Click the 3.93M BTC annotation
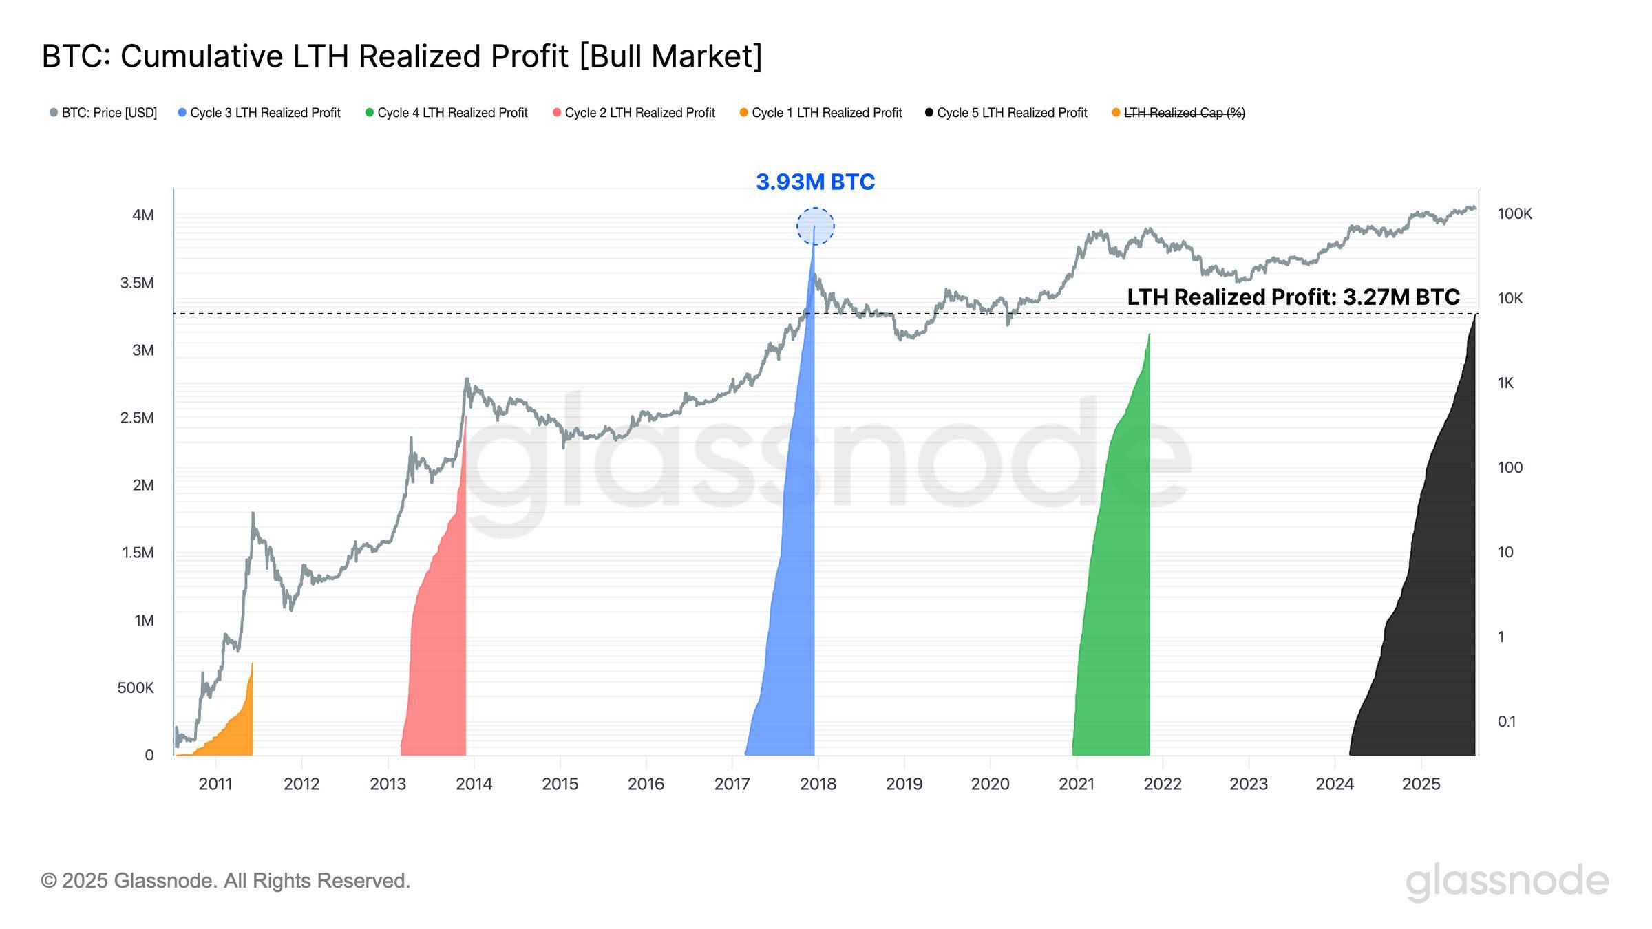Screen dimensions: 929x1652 (x=815, y=182)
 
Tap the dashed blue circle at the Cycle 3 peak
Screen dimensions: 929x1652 (x=815, y=226)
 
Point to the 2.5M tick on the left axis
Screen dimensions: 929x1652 (x=137, y=418)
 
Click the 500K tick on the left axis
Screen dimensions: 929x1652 (x=136, y=687)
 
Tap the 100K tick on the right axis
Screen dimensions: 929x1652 (x=1514, y=214)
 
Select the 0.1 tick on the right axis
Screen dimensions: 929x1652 (x=1507, y=721)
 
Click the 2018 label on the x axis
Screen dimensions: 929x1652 (x=818, y=784)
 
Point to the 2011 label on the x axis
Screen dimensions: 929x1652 (x=215, y=784)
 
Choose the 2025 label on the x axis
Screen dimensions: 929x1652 (x=1421, y=784)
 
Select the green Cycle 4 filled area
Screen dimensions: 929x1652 (x=1115, y=619)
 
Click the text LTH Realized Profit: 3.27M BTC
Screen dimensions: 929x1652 (x=1293, y=297)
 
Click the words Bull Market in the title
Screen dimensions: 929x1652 (x=671, y=56)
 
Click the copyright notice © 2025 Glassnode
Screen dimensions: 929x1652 (x=226, y=881)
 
